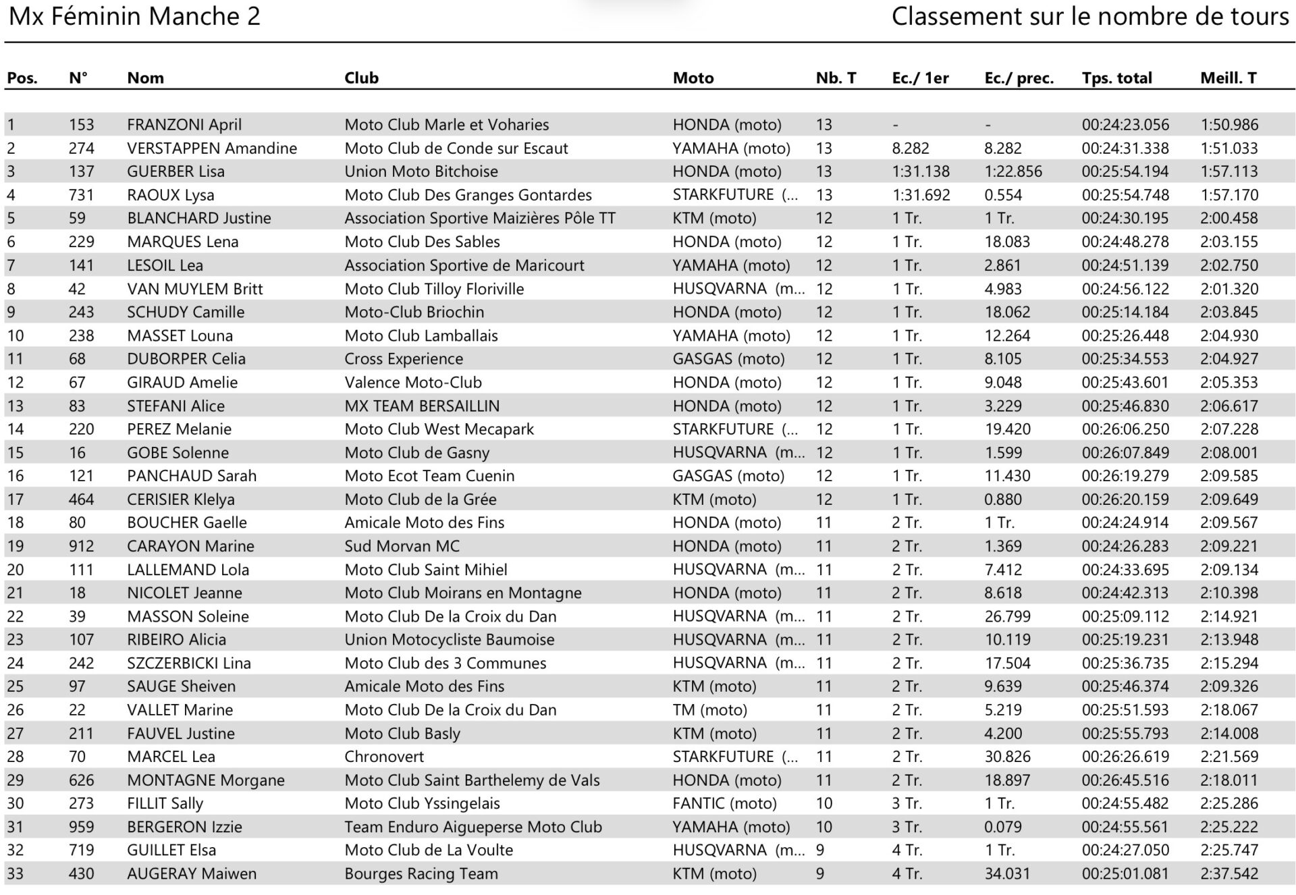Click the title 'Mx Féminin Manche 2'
click(134, 16)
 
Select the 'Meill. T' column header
click(1228, 78)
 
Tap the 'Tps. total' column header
click(1116, 78)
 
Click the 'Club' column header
click(361, 78)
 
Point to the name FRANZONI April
click(184, 125)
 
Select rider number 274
click(81, 148)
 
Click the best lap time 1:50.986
click(1229, 125)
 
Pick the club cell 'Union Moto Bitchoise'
click(421, 171)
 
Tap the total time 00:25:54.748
click(1125, 195)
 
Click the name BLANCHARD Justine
click(199, 219)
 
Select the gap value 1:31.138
click(921, 171)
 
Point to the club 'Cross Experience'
click(404, 359)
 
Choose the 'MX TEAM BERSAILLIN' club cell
click(422, 406)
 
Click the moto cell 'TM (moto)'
click(709, 710)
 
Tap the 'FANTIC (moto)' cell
click(724, 804)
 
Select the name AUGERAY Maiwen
click(192, 874)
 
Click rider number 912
click(81, 546)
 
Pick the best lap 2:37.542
click(1229, 874)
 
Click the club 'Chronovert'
click(384, 757)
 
